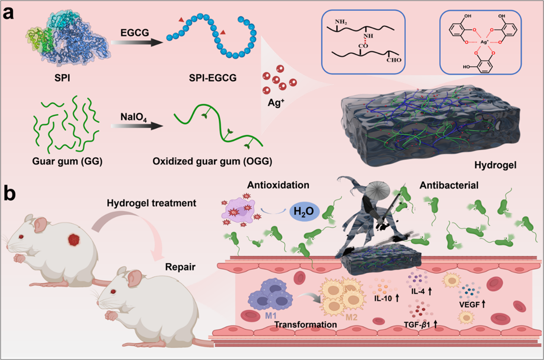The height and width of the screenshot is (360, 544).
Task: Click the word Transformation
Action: coord(306,325)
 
